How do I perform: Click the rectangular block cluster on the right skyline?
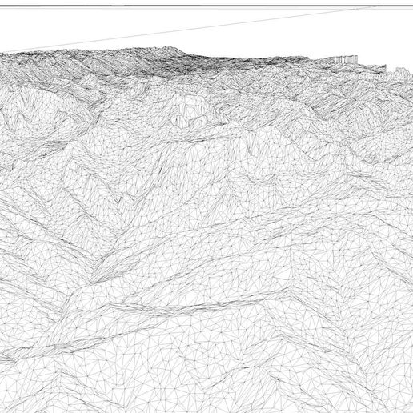[x=347, y=58]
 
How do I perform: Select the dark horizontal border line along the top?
[x=206, y=6]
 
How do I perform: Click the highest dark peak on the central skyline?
[x=178, y=50]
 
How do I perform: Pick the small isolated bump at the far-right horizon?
[x=396, y=69]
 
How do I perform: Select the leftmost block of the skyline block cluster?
[x=339, y=58]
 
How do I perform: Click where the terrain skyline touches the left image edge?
[x=1, y=54]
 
